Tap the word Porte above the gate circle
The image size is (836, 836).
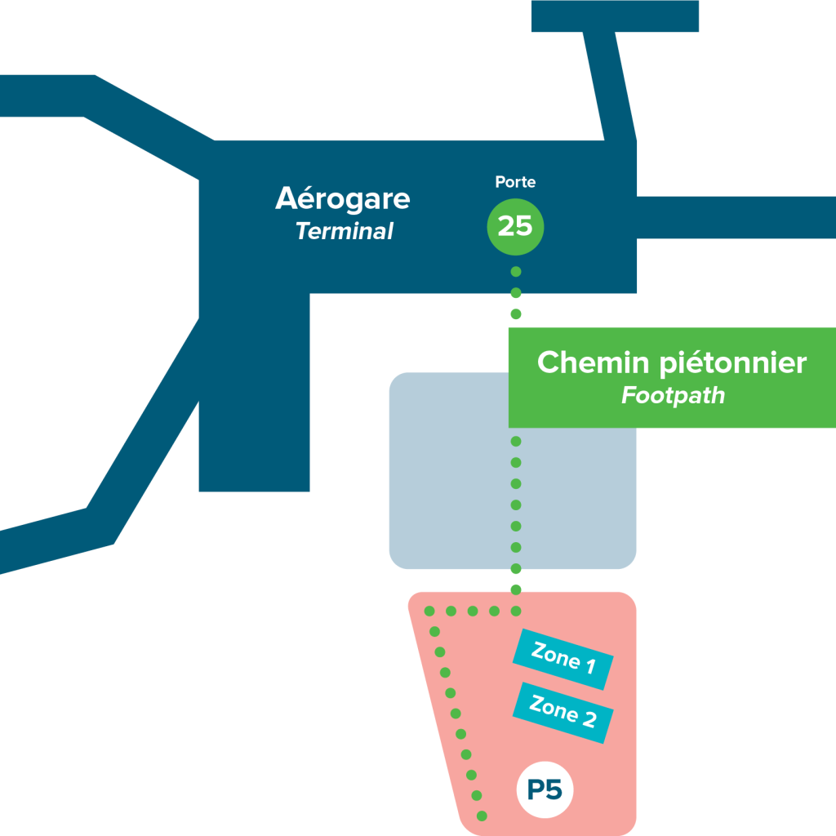(x=515, y=182)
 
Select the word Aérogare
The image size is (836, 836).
(x=343, y=198)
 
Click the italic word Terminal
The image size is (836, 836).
(x=344, y=232)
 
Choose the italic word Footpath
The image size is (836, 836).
(x=673, y=396)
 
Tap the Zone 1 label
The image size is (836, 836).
(x=563, y=660)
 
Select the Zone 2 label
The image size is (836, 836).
(x=563, y=713)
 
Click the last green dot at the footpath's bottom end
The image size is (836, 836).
(x=483, y=816)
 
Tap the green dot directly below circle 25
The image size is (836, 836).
(x=515, y=271)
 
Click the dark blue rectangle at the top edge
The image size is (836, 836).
(x=615, y=16)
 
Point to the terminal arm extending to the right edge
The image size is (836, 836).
(x=735, y=216)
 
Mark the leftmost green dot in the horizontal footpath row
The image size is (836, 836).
(x=429, y=611)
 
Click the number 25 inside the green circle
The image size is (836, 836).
(x=515, y=225)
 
